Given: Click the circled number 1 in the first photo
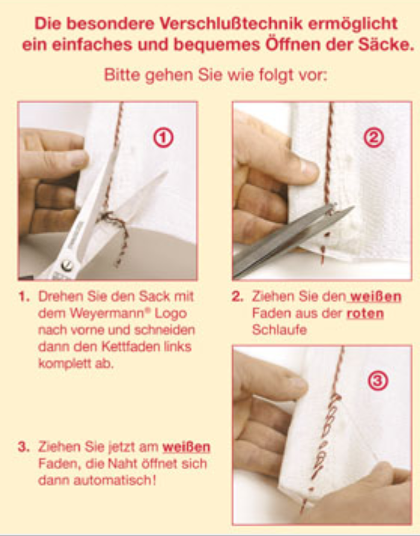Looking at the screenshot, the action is [x=163, y=138].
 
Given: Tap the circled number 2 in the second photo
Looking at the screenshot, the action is [x=374, y=138].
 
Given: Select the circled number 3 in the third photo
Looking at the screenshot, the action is [x=378, y=381].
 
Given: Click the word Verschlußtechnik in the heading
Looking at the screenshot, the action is [x=232, y=23].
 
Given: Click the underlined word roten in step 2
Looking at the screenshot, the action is [x=365, y=313].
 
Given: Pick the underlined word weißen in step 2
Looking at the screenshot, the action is [x=375, y=297].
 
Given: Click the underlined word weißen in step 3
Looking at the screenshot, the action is [x=186, y=447].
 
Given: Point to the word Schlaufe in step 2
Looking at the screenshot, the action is [x=279, y=330].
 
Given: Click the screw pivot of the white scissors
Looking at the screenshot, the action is [x=67, y=265].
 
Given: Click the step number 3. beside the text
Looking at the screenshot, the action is [x=23, y=447].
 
